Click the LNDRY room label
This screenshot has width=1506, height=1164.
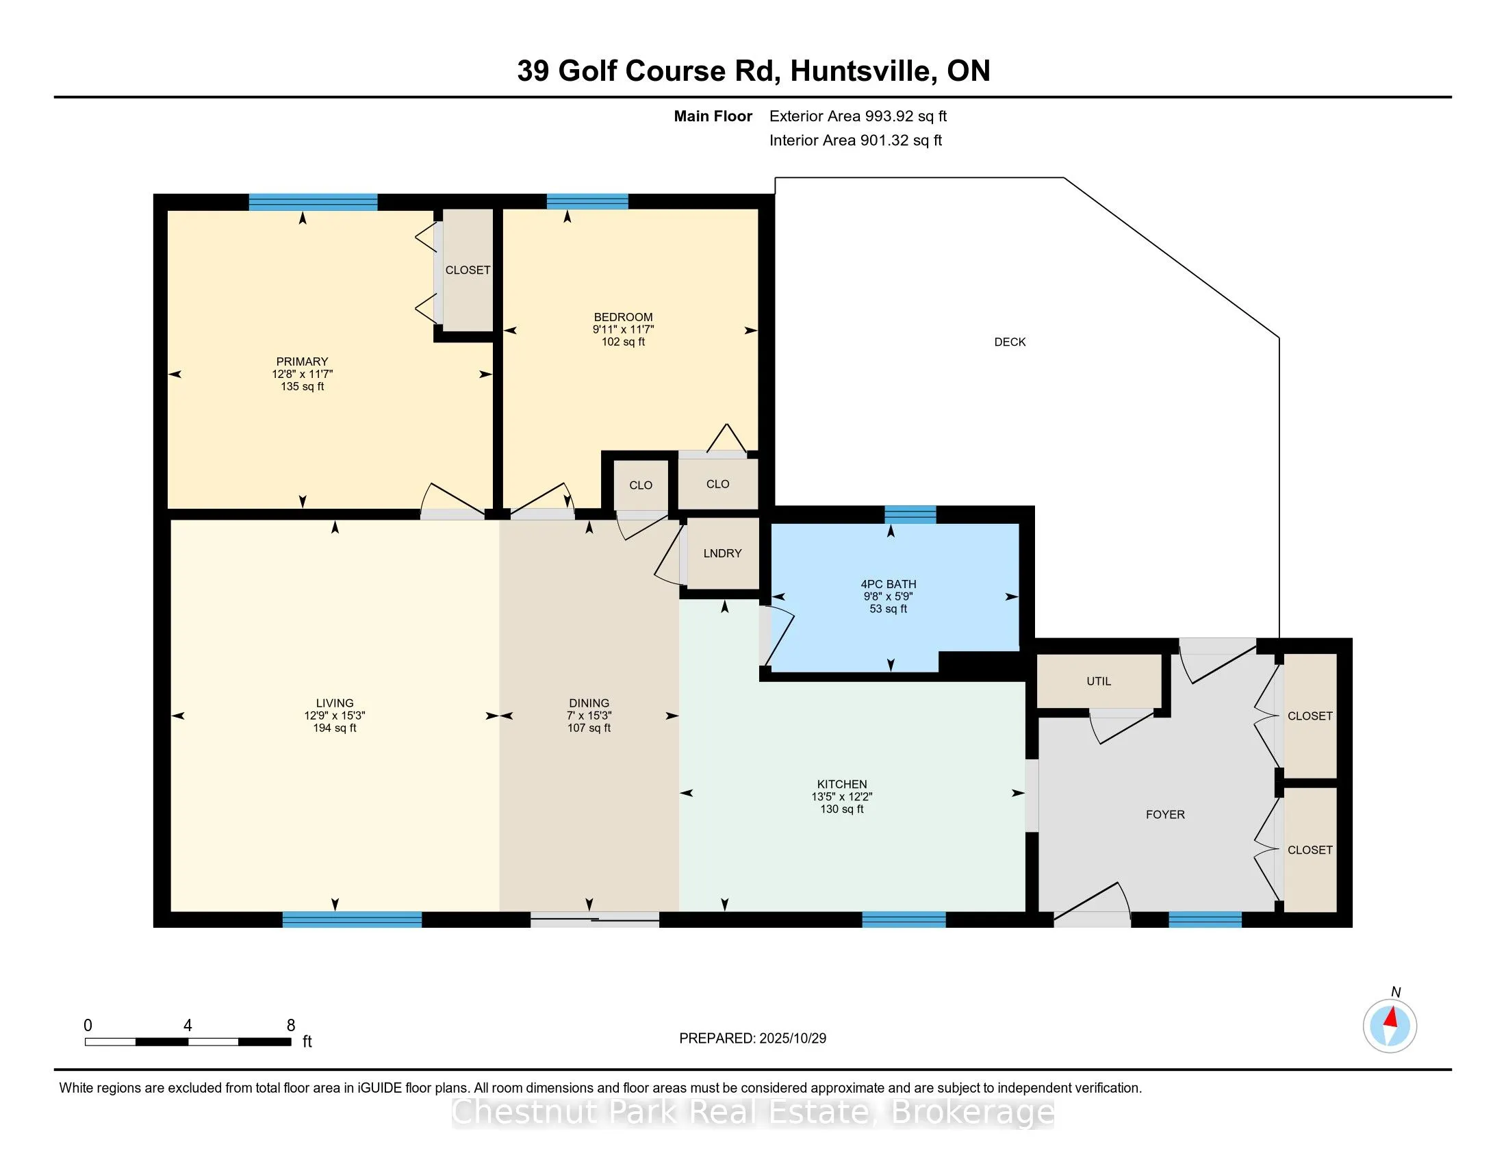coord(722,553)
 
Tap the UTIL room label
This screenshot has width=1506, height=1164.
coord(1099,681)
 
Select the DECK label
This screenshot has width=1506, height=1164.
coord(1010,342)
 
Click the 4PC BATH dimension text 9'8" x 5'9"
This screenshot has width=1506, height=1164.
coord(888,596)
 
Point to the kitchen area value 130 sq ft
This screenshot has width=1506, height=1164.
coord(841,809)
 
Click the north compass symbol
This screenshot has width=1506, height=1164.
coord(1390,1026)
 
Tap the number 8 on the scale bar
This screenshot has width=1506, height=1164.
coord(290,1025)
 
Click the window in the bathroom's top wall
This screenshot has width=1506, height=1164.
coord(910,514)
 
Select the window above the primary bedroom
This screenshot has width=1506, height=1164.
coord(313,202)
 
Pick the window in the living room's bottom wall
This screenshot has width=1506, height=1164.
coord(352,918)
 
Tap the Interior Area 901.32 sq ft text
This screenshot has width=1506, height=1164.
coord(855,140)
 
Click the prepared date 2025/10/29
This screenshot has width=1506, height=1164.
coord(791,1038)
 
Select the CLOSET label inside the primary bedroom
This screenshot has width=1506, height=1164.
coord(468,270)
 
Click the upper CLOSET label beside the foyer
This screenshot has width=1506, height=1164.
coord(1310,716)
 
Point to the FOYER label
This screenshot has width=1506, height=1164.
coord(1164,814)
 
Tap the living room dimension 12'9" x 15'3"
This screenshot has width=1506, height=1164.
coord(335,716)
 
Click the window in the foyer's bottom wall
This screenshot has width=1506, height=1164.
coord(1205,918)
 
